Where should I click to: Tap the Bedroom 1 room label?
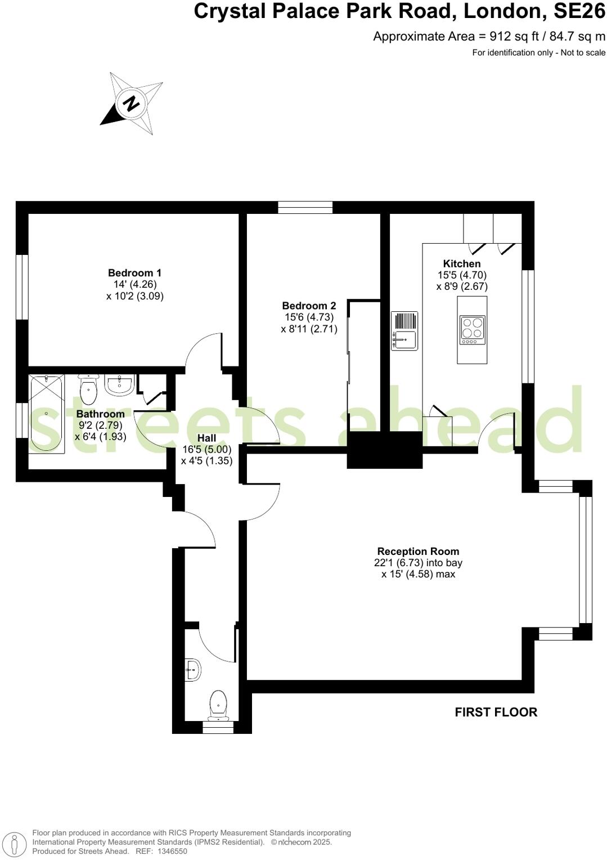(134, 273)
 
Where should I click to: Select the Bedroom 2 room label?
(309, 306)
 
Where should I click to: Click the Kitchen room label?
(462, 263)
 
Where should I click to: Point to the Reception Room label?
(418, 552)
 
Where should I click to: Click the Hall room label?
(206, 438)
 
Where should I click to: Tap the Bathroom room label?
(100, 414)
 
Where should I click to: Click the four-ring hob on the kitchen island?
(472, 329)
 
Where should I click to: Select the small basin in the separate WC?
(192, 670)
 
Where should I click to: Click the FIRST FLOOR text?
(496, 712)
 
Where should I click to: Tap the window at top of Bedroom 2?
(305, 208)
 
